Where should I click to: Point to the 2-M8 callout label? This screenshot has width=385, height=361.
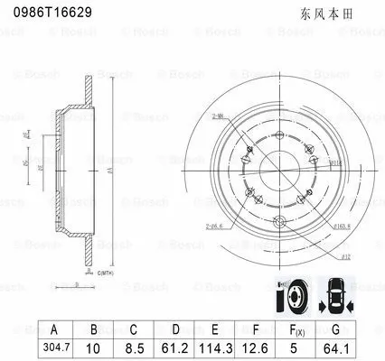click(218, 116)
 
